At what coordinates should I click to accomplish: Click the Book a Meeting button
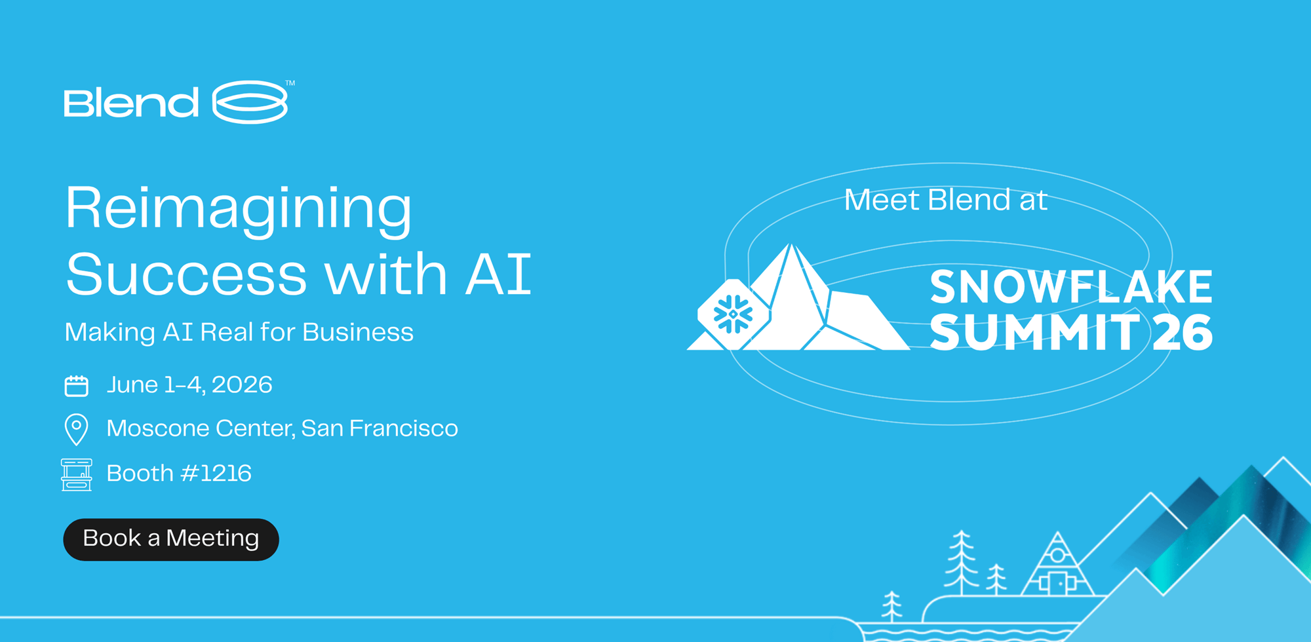(x=171, y=539)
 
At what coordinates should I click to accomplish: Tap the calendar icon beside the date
(x=77, y=386)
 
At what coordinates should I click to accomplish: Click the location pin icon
(x=77, y=430)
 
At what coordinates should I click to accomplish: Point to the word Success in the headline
(x=186, y=274)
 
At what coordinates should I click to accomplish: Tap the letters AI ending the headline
(x=498, y=274)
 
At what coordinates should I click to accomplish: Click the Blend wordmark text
(x=131, y=102)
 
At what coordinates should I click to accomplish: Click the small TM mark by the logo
(x=290, y=83)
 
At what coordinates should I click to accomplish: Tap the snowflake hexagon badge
(x=733, y=314)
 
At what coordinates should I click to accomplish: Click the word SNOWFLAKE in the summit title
(x=1071, y=287)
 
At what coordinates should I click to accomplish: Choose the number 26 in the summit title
(x=1183, y=332)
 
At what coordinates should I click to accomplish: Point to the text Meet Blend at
(x=945, y=200)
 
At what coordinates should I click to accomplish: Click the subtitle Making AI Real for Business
(x=239, y=332)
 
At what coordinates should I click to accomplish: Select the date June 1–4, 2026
(x=189, y=385)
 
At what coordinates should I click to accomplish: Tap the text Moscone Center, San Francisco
(x=282, y=428)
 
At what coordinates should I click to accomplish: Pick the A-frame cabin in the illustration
(x=1057, y=563)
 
